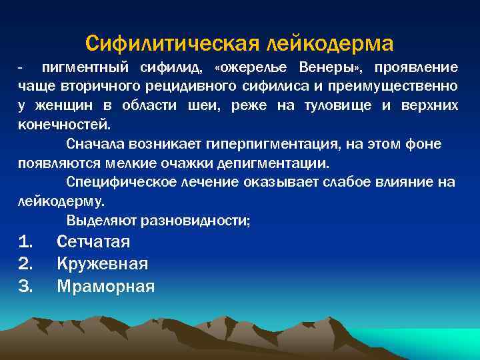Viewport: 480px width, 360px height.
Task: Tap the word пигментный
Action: [87, 68]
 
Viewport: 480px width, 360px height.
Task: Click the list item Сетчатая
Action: [93, 242]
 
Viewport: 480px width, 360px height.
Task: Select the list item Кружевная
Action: [102, 264]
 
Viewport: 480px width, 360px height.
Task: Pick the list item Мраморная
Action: [105, 287]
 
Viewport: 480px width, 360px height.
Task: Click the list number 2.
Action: [26, 264]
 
